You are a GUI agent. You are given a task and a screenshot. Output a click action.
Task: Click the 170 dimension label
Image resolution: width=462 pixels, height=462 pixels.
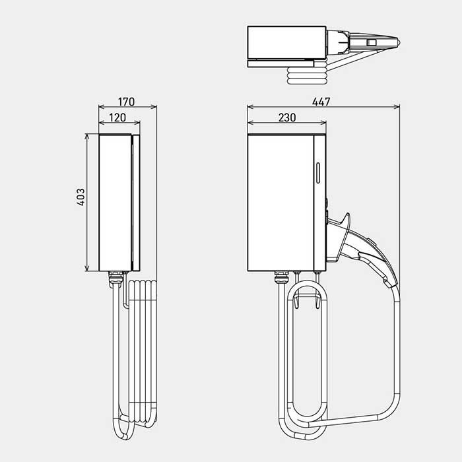tap(127, 102)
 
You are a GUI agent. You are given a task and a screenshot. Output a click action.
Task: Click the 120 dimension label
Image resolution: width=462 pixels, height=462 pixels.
tap(117, 117)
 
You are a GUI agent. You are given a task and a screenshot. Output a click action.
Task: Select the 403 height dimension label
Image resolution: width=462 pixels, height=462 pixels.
tap(81, 197)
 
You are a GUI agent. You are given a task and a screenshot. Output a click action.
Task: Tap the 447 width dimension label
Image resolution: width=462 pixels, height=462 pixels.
tap(321, 102)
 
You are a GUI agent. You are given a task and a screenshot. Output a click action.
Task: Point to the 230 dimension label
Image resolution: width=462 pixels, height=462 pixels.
tap(287, 117)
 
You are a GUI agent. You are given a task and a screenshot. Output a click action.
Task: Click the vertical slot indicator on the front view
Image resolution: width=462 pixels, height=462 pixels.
tap(318, 173)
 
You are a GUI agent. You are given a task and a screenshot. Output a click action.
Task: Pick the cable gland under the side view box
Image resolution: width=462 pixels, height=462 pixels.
tap(115, 278)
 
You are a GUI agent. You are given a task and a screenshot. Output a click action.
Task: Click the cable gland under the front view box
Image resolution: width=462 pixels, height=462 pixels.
tap(281, 278)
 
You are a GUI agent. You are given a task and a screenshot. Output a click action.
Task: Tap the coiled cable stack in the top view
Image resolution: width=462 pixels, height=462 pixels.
tap(307, 76)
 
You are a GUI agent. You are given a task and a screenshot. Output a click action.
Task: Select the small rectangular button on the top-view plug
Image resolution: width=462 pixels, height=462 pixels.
tap(371, 42)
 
